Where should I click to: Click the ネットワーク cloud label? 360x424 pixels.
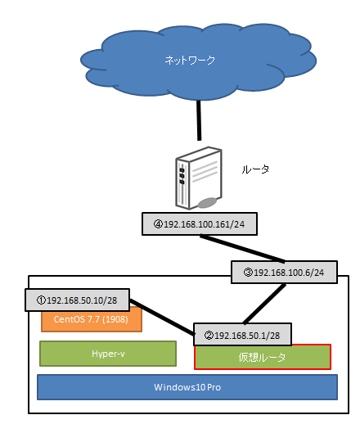tap(190, 60)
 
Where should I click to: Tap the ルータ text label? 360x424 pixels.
tap(255, 169)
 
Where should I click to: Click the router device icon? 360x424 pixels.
tap(198, 178)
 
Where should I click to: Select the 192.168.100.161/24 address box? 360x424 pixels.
tap(200, 224)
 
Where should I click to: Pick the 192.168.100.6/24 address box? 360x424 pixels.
tap(284, 272)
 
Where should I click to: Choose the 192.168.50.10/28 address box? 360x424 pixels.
tap(77, 300)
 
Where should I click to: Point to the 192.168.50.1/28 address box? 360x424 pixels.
tap(242, 335)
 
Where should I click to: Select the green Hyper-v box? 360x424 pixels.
tap(108, 354)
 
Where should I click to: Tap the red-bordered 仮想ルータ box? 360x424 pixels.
tap(263, 358)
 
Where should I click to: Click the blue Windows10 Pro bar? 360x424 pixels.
tap(187, 387)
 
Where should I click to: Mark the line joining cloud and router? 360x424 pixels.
tap(199, 120)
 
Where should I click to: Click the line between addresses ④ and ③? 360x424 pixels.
tap(242, 248)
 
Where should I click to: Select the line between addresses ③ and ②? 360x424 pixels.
tap(264, 304)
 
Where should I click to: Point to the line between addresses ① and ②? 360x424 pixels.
tap(162, 317)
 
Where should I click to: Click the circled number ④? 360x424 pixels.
tap(158, 224)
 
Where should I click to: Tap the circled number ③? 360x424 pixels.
tap(248, 273)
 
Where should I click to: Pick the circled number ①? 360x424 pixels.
tap(41, 300)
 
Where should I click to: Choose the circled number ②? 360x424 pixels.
tap(209, 335)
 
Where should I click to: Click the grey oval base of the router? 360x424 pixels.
tap(207, 203)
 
